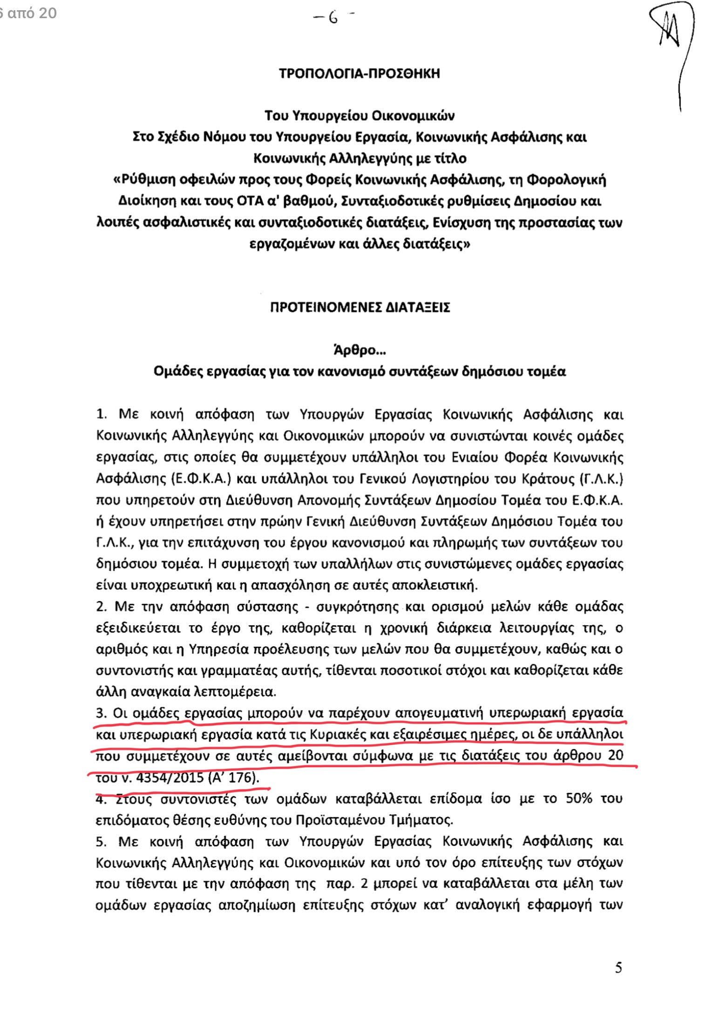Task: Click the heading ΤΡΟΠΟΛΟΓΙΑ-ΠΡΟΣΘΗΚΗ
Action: tap(359, 74)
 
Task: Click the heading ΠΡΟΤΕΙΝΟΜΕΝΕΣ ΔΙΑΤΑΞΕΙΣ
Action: tap(360, 308)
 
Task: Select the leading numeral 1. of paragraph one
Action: tap(102, 414)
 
